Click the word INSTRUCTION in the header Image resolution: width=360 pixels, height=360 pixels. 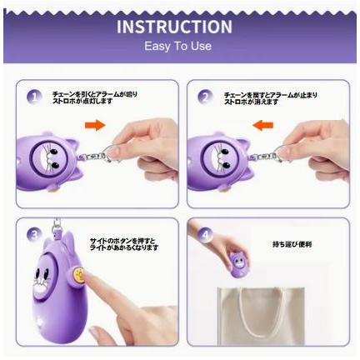[174, 27]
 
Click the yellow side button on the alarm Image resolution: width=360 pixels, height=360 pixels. [78, 272]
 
